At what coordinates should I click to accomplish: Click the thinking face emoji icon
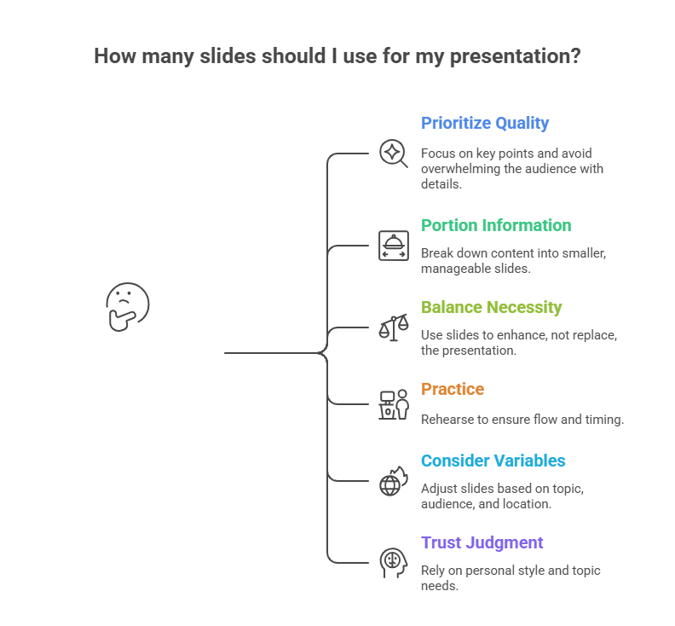coord(127,306)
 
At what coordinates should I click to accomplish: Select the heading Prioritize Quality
coord(485,123)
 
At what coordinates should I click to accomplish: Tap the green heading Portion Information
coord(496,225)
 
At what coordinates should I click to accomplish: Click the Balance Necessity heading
coord(491,307)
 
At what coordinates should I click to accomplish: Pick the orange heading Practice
coord(453,389)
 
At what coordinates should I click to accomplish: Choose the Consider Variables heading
coord(493,461)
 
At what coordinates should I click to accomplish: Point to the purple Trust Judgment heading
coord(482,542)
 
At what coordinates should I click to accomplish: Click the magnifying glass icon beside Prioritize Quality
coord(393,154)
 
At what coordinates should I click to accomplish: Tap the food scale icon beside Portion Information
coord(393,246)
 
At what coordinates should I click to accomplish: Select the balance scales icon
coord(393,327)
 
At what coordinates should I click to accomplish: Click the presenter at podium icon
coord(393,404)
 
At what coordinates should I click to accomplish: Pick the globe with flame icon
coord(393,482)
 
